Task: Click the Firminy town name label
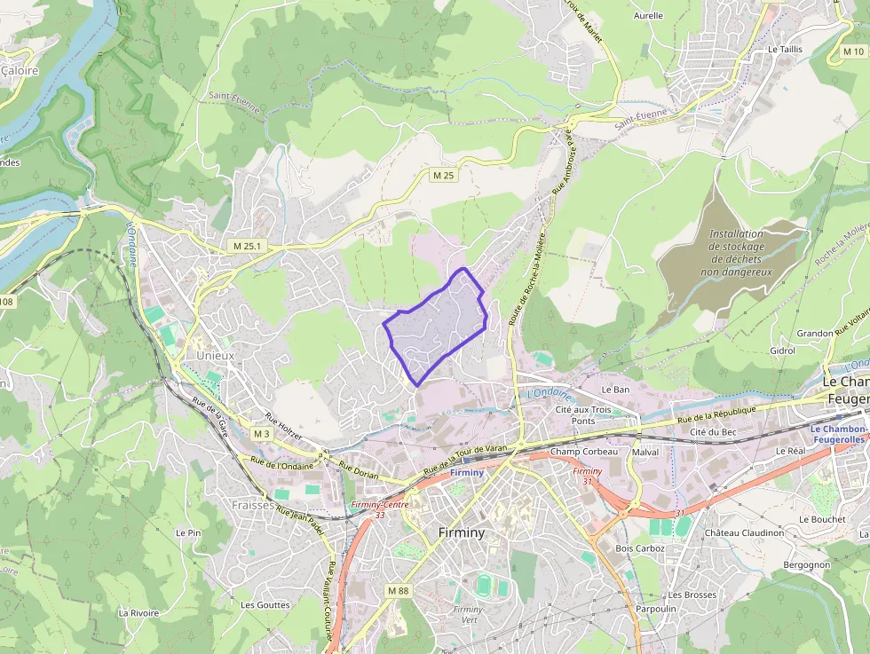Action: [462, 533]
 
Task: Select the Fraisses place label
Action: [252, 504]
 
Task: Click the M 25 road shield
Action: [443, 175]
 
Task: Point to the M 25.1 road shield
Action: [246, 245]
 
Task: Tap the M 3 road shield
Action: [261, 434]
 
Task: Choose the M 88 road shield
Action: [398, 591]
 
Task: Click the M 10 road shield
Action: [852, 52]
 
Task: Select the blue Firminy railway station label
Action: [467, 472]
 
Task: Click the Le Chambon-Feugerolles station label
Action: [840, 434]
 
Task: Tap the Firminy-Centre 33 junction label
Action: [379, 508]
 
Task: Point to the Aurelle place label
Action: [648, 15]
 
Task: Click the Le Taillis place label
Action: [785, 50]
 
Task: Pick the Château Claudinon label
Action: [744, 533]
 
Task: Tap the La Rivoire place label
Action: [138, 613]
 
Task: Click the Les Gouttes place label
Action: [265, 605]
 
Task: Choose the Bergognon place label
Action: [806, 565]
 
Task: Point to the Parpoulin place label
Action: [656, 610]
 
